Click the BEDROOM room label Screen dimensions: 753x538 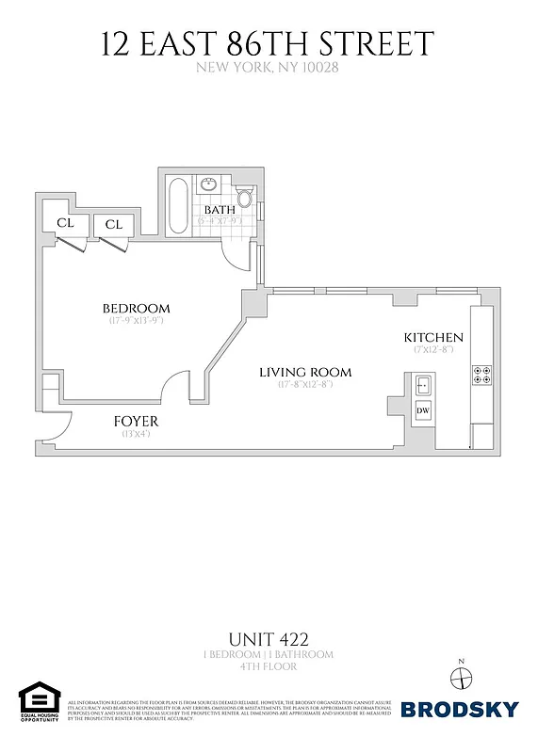[137, 309]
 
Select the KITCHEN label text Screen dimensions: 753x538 [433, 337]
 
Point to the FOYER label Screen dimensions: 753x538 [136, 422]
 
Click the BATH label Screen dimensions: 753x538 [220, 209]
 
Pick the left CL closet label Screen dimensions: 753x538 [65, 223]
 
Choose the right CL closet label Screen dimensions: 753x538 [114, 224]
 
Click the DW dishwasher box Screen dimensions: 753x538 [422, 410]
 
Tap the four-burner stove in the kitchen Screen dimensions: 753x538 [481, 375]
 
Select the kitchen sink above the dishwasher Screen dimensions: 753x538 [422, 384]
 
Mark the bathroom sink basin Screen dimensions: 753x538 [209, 184]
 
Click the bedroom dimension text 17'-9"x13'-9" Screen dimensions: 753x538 [137, 321]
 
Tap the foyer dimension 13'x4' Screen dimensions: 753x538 [136, 434]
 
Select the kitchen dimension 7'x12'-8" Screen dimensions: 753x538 [433, 349]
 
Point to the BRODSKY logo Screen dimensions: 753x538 [460, 709]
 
